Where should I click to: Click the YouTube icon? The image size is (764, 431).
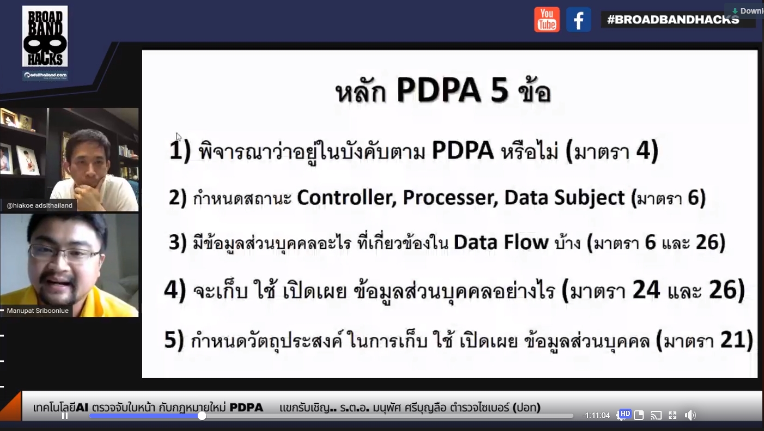pos(547,20)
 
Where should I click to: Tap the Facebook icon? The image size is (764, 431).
pos(578,20)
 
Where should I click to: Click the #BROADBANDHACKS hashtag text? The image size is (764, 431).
pos(673,20)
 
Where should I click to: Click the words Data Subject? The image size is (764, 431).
pos(565,198)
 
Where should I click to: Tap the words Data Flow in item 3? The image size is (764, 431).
pos(501,242)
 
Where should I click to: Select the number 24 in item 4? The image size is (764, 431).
pos(646,290)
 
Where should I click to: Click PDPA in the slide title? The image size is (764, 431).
pos(438,90)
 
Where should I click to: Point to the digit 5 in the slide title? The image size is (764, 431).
pos(500,90)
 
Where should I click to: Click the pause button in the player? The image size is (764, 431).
pos(64,416)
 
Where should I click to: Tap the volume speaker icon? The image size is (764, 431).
pos(690,415)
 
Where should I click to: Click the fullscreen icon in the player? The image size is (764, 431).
pos(673,415)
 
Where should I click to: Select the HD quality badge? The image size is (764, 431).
pos(625,414)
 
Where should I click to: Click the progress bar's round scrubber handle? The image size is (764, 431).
pos(202,416)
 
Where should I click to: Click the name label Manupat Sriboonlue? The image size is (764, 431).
pos(38,311)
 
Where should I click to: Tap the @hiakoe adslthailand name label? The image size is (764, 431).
pos(40,205)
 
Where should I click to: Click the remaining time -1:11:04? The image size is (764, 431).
pos(596,415)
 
